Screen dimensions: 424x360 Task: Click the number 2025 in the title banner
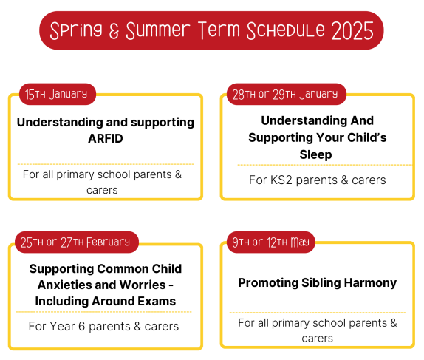click(x=352, y=30)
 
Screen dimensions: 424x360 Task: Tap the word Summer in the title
click(x=158, y=30)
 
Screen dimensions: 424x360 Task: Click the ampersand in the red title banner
click(x=114, y=31)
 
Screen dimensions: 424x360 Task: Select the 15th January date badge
click(x=58, y=94)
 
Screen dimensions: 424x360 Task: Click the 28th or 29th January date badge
click(x=287, y=94)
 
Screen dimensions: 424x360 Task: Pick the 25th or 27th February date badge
click(x=77, y=242)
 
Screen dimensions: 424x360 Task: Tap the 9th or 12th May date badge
click(x=271, y=242)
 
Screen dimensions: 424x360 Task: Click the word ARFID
click(x=106, y=138)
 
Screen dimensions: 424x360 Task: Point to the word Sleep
click(x=315, y=155)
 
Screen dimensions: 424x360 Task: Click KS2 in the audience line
click(x=281, y=180)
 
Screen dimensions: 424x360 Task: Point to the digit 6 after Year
click(x=82, y=327)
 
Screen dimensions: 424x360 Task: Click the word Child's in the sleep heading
click(x=366, y=137)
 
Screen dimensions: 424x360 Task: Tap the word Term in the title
click(x=219, y=30)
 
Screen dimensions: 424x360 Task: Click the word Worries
click(x=143, y=285)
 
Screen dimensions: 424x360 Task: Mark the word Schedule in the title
click(x=286, y=30)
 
